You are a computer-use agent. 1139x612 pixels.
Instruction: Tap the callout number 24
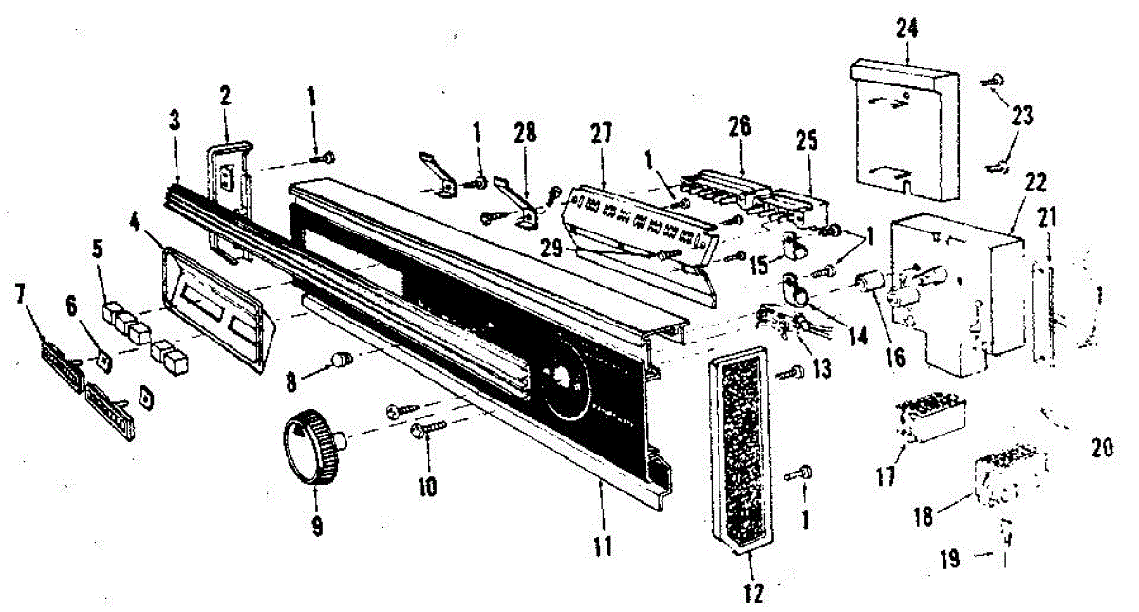coord(908,28)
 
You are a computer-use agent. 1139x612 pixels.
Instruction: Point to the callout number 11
coord(602,547)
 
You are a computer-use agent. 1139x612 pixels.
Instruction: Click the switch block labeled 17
coord(930,419)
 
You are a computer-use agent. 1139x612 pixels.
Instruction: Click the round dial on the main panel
coord(567,378)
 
